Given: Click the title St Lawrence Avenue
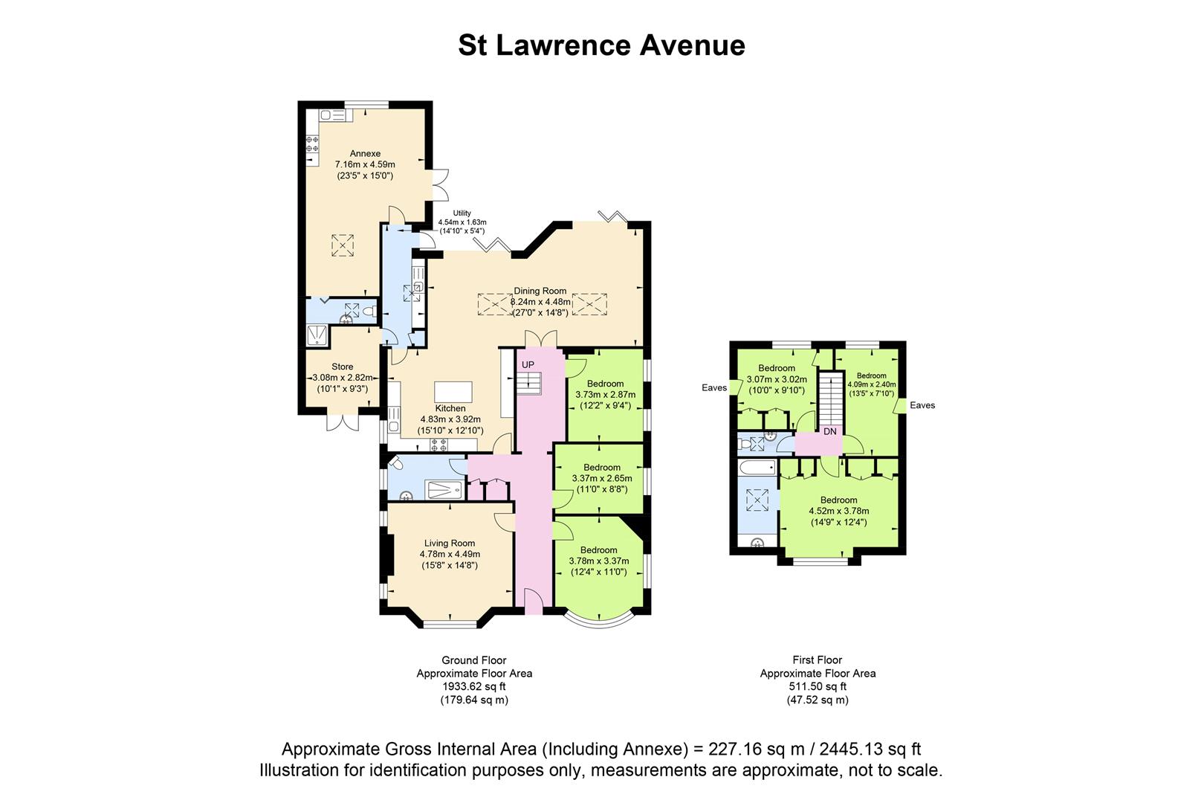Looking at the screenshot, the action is pyautogui.click(x=601, y=45).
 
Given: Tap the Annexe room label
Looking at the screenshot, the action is pyautogui.click(x=365, y=154).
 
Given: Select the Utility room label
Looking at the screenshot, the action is pyautogui.click(x=462, y=213).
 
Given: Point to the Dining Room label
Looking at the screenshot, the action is pyautogui.click(x=540, y=291).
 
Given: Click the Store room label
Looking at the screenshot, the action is pyautogui.click(x=343, y=367).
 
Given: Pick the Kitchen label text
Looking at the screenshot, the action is pyautogui.click(x=450, y=408).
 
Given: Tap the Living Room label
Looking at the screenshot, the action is pyautogui.click(x=450, y=544).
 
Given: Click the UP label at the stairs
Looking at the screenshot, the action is pyautogui.click(x=528, y=364).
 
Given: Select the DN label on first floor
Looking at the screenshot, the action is pyautogui.click(x=830, y=431).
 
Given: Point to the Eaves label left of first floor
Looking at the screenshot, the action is pyautogui.click(x=714, y=388).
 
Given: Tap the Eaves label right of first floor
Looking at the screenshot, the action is pyautogui.click(x=922, y=405).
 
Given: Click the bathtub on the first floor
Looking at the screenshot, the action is pyautogui.click(x=757, y=467).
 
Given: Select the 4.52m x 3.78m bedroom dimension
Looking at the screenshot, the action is pyautogui.click(x=838, y=511).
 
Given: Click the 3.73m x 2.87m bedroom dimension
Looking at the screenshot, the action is pyautogui.click(x=605, y=394).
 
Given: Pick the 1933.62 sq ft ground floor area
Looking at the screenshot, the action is pyautogui.click(x=474, y=687).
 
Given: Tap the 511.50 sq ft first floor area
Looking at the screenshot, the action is pyautogui.click(x=818, y=687).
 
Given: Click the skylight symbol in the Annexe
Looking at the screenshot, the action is pyautogui.click(x=343, y=245).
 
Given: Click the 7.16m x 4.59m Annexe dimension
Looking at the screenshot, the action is pyautogui.click(x=365, y=164).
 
